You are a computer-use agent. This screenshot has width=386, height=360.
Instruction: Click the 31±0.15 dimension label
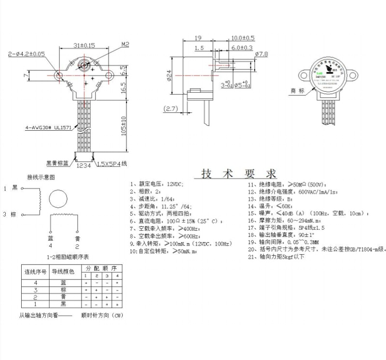[x=84, y=45]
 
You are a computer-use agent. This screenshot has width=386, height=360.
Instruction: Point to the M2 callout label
[x=125, y=44]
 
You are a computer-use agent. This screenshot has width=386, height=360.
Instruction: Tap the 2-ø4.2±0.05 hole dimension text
[x=27, y=54]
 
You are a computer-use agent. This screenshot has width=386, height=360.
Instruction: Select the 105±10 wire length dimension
[x=124, y=126]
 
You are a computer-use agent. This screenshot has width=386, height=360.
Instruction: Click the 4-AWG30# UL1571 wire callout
[x=48, y=128]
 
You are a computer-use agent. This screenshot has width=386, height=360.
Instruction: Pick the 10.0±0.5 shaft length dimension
[x=242, y=38]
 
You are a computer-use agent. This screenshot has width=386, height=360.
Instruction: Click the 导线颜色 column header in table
[x=63, y=272]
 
